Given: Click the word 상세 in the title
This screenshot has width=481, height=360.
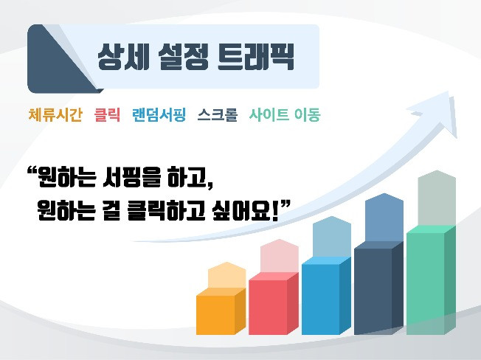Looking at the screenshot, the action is pos(123,57).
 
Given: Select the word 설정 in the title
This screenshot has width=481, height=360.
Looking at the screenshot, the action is pos(183,57).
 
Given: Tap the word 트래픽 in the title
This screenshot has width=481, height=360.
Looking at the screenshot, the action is pos(255,57).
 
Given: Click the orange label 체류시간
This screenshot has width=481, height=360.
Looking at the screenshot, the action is pos(55,114).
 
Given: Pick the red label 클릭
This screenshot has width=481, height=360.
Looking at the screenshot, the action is pos(107,114).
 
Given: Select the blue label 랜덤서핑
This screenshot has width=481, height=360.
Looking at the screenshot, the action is pos(159,114).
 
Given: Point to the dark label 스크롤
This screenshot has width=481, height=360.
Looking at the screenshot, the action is pos(218,114).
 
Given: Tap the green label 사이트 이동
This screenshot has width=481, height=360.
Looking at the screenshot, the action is pos(284,114).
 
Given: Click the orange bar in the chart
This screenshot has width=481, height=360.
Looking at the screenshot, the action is pos(221,311).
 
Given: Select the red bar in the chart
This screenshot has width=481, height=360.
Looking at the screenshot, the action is pos(274,304).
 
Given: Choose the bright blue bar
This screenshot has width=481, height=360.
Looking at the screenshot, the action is pos(326,296).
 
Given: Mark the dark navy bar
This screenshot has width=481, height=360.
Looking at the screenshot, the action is pos(379,288).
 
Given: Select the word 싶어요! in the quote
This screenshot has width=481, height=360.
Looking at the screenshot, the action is pos(245,210).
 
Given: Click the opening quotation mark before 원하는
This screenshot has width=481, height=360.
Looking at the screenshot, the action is pos(32,170).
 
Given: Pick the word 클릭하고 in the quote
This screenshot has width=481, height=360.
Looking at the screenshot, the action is pos(166,210).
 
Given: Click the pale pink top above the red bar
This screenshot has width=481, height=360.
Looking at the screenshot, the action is pos(279,256).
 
